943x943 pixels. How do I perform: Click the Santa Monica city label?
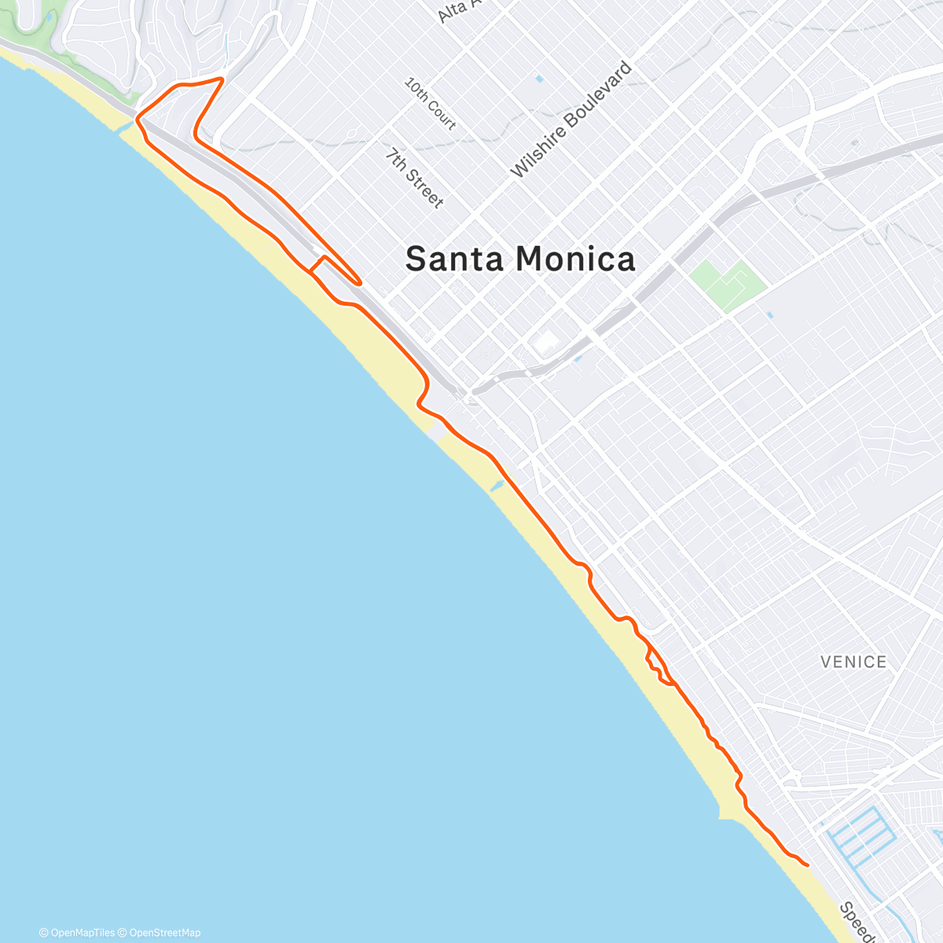click(520, 259)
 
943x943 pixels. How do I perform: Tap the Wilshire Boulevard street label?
click(571, 119)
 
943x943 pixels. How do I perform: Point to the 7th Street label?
click(414, 178)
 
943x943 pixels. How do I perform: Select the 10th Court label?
click(431, 103)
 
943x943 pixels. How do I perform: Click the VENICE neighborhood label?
click(853, 662)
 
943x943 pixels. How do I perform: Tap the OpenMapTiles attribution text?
click(77, 933)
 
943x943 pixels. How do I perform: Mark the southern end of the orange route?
click(807, 864)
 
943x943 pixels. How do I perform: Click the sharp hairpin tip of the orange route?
click(360, 281)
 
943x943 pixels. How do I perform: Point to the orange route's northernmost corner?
click(222, 79)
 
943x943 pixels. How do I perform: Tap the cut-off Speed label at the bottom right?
click(857, 923)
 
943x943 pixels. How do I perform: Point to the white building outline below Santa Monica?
click(545, 343)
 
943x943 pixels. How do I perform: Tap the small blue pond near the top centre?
click(539, 79)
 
